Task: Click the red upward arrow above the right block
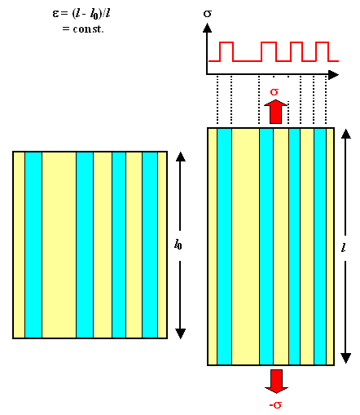275,111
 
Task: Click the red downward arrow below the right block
275,381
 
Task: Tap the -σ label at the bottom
275,404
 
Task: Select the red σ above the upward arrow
275,91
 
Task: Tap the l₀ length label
178,243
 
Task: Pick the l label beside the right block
345,245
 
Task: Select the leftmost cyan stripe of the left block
33,245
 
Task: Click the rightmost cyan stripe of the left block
149,245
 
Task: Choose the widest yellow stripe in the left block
59,245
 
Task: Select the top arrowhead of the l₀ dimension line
181,157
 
